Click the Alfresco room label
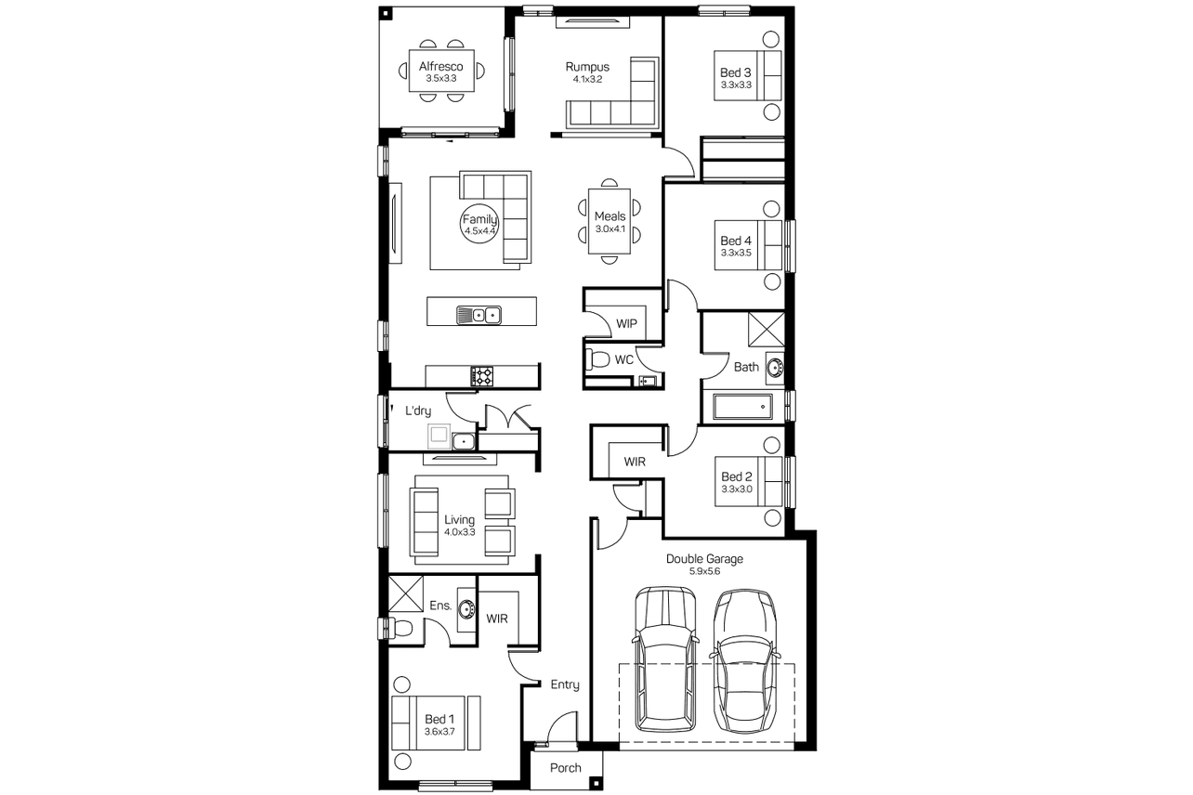point(441,67)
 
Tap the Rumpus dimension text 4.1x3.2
point(587,79)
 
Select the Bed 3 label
point(736,72)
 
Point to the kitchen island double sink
point(479,315)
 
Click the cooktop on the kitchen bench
point(482,376)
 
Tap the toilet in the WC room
point(597,359)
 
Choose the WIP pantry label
point(626,324)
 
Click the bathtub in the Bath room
point(743,408)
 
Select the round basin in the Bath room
point(775,368)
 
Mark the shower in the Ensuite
point(406,593)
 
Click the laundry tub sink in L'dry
point(464,441)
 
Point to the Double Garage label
point(704,559)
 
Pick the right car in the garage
point(744,660)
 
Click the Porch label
point(566,768)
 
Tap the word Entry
point(565,684)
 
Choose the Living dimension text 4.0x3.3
point(460,532)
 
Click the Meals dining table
point(610,221)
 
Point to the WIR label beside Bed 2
point(635,462)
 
